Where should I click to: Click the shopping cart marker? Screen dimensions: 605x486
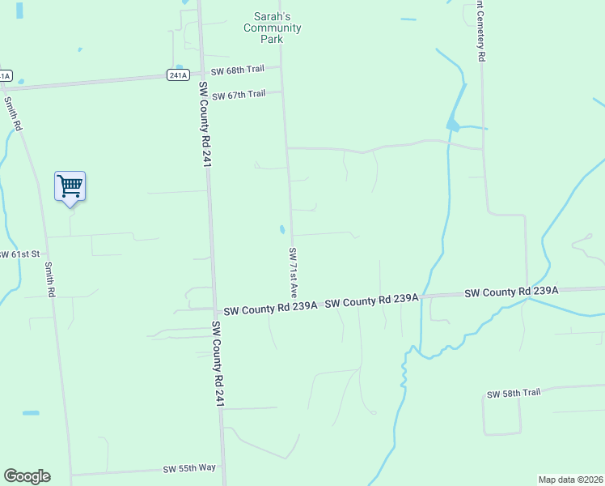coord(70,186)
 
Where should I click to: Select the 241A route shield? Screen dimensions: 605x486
coord(179,75)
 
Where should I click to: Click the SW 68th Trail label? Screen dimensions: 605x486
coord(238,72)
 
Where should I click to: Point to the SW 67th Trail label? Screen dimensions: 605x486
coord(239,95)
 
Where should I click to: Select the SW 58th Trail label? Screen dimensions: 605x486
coord(513,394)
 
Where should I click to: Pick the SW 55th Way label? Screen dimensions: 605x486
coord(189,468)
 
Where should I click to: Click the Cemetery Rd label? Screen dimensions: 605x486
coord(480,32)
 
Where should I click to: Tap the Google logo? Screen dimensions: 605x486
coord(27,476)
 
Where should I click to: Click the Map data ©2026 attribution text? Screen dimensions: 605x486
coord(571,480)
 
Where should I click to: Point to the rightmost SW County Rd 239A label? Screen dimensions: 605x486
coord(511,292)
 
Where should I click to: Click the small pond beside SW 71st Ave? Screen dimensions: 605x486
coord(282,230)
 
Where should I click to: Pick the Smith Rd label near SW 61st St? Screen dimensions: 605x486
coord(49,279)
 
